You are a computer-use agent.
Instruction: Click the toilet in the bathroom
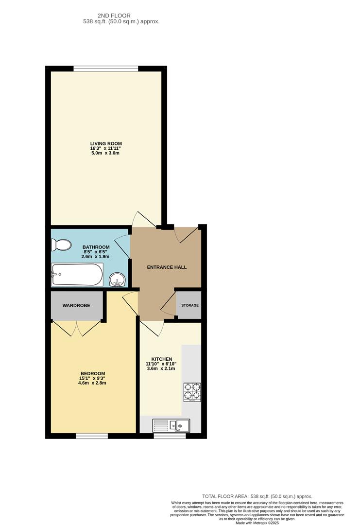[62, 245]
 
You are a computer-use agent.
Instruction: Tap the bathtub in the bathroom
[77, 275]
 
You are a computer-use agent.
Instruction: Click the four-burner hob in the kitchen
[192, 392]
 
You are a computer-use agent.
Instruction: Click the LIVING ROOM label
[105, 143]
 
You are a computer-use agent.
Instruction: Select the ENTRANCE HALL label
[167, 267]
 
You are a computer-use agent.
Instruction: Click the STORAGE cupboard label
[190, 305]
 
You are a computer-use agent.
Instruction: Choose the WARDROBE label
[76, 306]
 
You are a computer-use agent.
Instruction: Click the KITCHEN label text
[162, 359]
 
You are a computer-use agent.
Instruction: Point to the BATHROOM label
[96, 247]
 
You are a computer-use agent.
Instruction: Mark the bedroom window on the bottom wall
[91, 436]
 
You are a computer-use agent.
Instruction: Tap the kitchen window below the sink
[170, 436]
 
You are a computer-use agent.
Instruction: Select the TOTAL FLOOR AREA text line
[257, 496]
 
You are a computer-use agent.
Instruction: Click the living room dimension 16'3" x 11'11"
[105, 148]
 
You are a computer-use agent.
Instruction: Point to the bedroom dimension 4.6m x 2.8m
[92, 383]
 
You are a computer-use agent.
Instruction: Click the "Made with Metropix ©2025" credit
[257, 523]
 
